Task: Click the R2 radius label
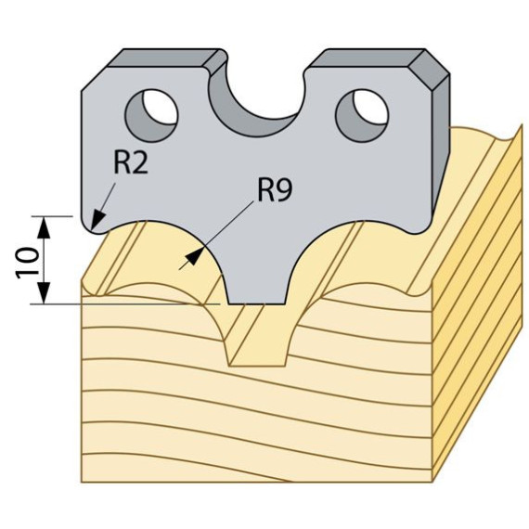tap(131, 163)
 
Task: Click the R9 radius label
tap(275, 190)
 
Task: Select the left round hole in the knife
tap(151, 116)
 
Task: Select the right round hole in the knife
tap(362, 116)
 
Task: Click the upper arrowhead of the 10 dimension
tap(44, 227)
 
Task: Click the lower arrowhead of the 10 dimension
tap(44, 293)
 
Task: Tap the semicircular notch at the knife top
tap(255, 115)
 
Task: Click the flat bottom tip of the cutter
tap(257, 303)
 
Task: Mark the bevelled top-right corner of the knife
tap(432, 67)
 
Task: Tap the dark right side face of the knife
tap(441, 145)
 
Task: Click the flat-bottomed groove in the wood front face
tap(257, 338)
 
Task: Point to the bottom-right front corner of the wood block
tap(432, 482)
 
